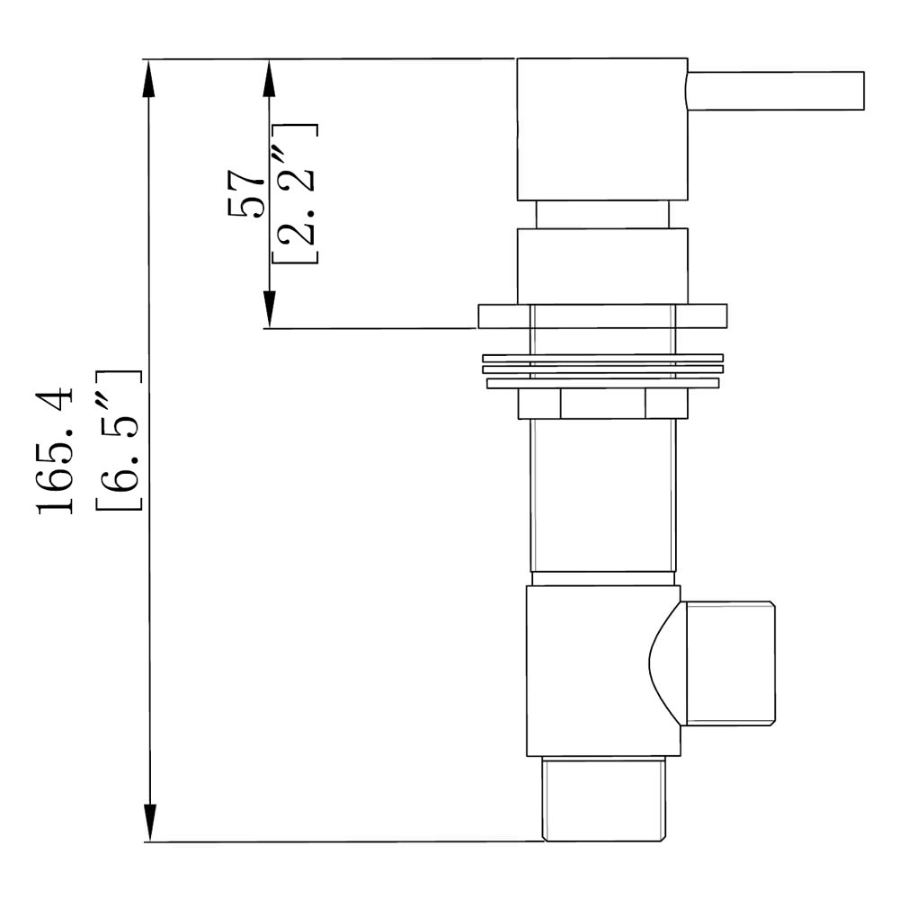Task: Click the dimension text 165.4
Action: coord(56,449)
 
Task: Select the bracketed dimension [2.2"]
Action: coord(295,192)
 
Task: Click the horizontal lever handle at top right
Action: coord(777,91)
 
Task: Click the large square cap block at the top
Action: coord(601,129)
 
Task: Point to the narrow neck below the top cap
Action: coord(602,214)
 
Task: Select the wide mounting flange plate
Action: coord(602,316)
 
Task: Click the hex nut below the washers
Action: coord(602,404)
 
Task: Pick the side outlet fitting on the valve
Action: coord(730,663)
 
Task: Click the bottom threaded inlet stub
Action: coord(604,799)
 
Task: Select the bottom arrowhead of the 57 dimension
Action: coord(268,311)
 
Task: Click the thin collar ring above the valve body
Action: coord(602,578)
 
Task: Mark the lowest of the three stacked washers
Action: coord(602,383)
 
